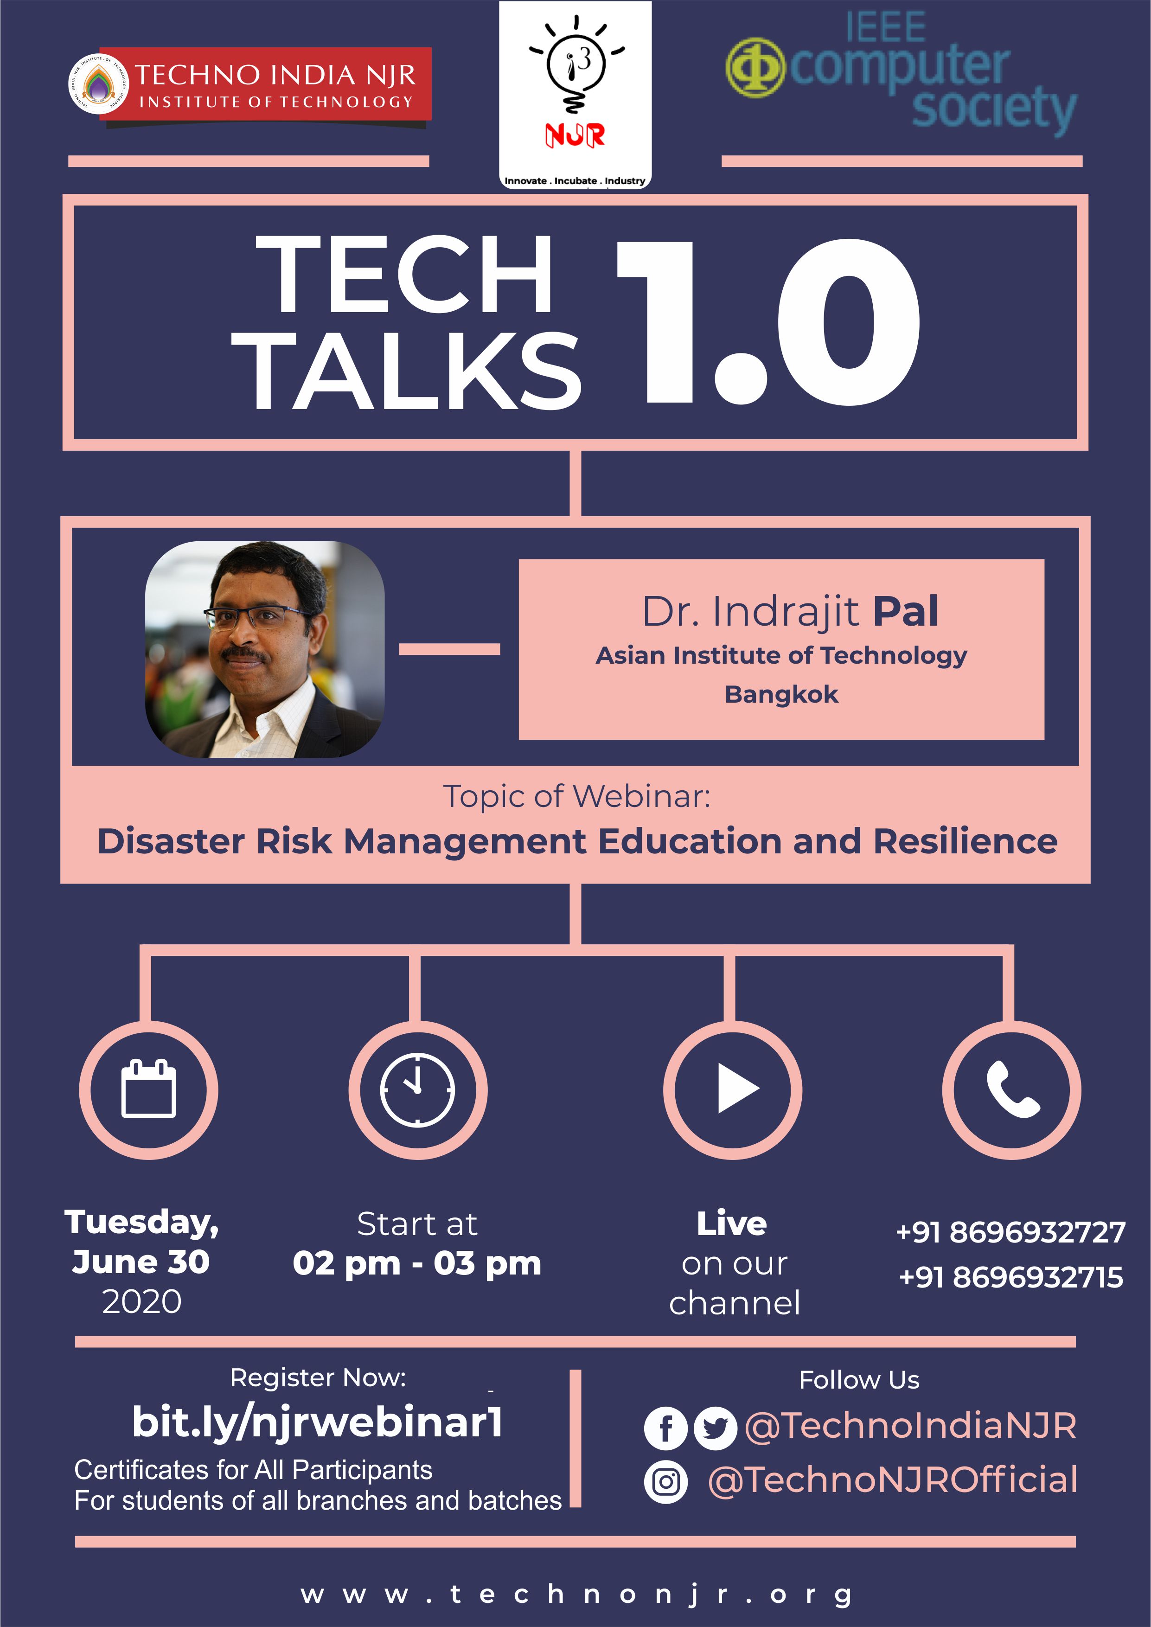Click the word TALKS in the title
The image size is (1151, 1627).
[407, 372]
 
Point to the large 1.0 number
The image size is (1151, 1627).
[767, 322]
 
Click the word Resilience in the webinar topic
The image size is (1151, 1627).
[966, 841]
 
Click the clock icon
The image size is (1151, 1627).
[417, 1089]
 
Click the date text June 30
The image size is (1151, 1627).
[141, 1262]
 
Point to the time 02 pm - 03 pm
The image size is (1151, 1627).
[417, 1263]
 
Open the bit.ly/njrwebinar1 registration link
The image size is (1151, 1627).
[318, 1422]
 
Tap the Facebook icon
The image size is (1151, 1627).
[665, 1428]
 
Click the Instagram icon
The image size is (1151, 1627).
[665, 1482]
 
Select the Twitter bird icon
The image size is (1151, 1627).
[715, 1428]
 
